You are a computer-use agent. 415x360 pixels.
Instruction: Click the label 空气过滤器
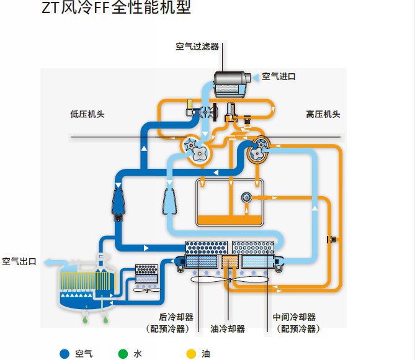(197, 47)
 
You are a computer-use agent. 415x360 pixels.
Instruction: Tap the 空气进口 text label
(279, 76)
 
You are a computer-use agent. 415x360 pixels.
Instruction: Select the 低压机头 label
(87, 114)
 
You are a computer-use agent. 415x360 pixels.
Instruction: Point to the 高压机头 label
(323, 114)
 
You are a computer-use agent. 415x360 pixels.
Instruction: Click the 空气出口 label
(19, 261)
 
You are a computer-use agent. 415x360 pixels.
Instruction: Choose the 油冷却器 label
(228, 329)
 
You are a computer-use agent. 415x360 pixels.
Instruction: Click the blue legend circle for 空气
(65, 354)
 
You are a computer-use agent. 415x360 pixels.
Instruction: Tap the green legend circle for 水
(123, 354)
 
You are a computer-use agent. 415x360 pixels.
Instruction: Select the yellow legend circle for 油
(191, 354)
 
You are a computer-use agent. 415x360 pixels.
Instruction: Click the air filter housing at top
(232, 84)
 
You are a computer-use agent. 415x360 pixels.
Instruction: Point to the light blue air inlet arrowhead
(256, 78)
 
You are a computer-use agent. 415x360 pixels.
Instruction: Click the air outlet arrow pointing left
(53, 263)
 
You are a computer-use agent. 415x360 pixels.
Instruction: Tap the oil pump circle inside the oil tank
(246, 197)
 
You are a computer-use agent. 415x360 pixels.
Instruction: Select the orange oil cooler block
(230, 261)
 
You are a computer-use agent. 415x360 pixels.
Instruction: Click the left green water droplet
(85, 320)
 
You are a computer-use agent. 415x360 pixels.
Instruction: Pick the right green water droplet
(105, 320)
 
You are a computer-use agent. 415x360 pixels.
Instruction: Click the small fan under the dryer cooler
(146, 290)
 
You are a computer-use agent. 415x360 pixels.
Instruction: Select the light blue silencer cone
(169, 201)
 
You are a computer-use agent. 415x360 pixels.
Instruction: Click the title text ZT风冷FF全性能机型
(117, 7)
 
